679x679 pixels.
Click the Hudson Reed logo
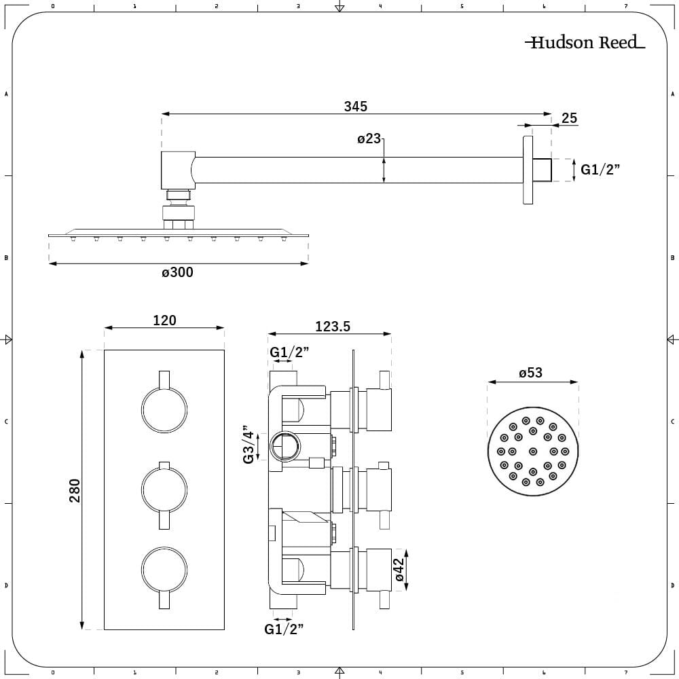click(585, 43)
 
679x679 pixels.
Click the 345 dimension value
click(355, 106)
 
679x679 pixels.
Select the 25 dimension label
click(569, 118)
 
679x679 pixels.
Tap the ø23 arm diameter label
click(369, 139)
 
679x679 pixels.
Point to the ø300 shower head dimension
click(177, 272)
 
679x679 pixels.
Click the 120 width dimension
click(164, 320)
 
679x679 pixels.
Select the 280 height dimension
click(74, 490)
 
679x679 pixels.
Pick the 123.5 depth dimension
click(332, 326)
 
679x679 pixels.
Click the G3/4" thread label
click(249, 445)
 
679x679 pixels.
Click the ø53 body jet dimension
click(531, 373)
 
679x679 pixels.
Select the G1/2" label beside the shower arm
click(601, 169)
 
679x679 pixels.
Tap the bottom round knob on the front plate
click(164, 569)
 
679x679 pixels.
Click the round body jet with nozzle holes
click(532, 451)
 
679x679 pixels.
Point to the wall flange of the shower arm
click(528, 170)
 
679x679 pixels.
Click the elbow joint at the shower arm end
click(176, 170)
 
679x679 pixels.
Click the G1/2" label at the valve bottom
click(284, 629)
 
